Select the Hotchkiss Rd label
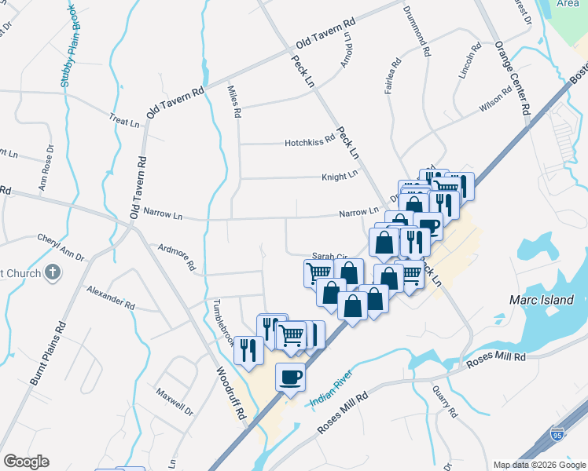(x=310, y=143)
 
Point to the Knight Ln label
(x=339, y=177)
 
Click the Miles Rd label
(x=233, y=102)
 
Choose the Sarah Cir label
(x=329, y=256)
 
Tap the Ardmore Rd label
(x=175, y=256)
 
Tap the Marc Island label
(x=542, y=300)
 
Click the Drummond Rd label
(x=416, y=31)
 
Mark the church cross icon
(x=53, y=272)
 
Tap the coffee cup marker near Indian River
(x=290, y=376)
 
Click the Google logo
(x=27, y=462)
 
